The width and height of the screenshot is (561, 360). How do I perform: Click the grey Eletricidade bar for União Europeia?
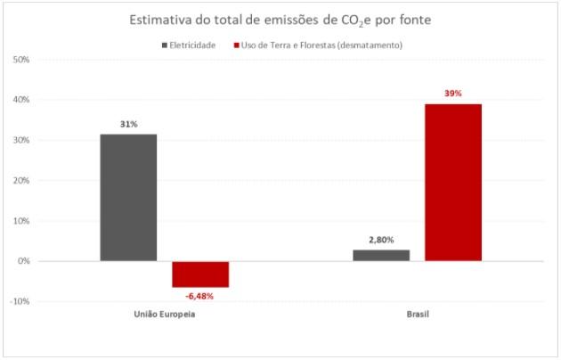coord(128,197)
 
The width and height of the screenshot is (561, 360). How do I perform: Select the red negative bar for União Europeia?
coord(200,274)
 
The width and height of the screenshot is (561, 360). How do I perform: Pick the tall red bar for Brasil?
coord(453,182)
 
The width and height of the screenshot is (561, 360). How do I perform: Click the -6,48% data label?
coord(199,296)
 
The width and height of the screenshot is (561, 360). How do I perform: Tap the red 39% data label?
coord(454,93)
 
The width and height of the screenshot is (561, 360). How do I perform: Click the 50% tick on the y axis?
coord(22,60)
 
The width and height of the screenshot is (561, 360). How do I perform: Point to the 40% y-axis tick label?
coord(22,100)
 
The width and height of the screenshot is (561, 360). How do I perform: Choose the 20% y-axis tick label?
coord(22,181)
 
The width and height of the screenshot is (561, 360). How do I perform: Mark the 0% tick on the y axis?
coord(25,261)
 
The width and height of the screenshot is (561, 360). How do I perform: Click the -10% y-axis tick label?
coord(20,301)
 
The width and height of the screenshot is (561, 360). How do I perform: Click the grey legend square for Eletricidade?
coord(165,45)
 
